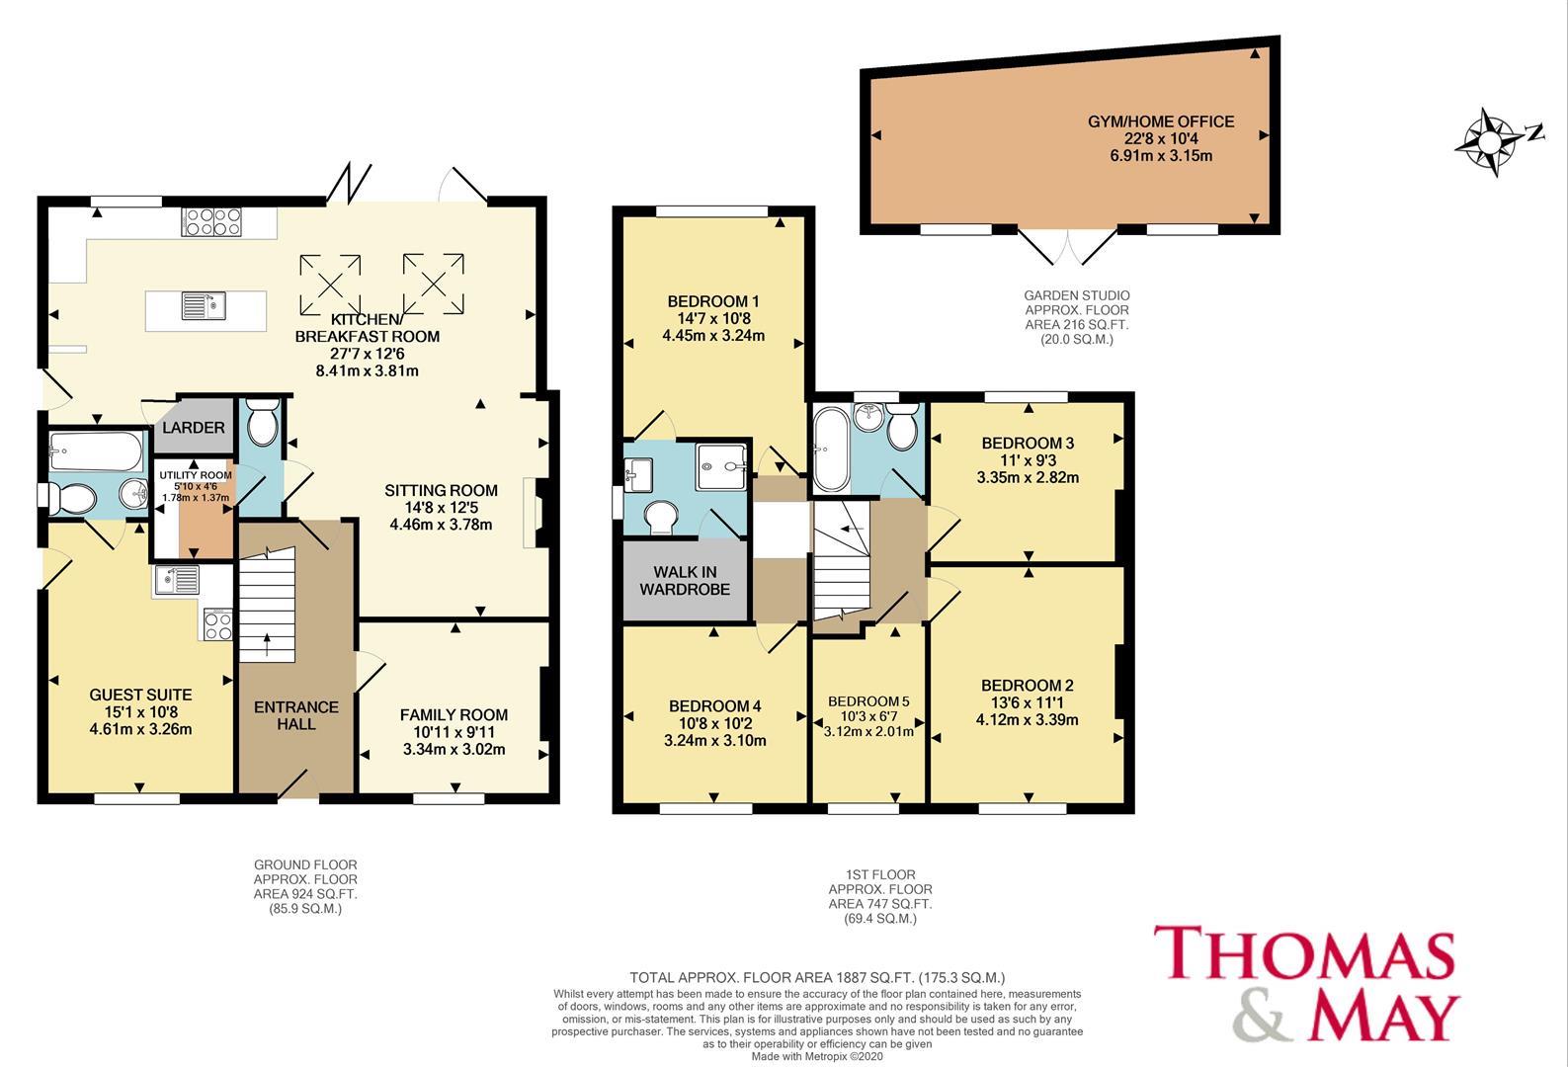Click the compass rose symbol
click(x=1490, y=142)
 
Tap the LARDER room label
click(x=194, y=427)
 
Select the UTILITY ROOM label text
click(x=196, y=474)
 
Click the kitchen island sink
click(x=204, y=306)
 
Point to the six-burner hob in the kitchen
click(x=211, y=222)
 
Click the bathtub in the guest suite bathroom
click(x=96, y=451)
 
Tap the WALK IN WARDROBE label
click(x=685, y=580)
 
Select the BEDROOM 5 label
click(x=868, y=700)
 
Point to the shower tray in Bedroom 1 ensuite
click(x=721, y=466)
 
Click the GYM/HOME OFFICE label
click(x=1161, y=122)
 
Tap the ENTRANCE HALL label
click(x=296, y=715)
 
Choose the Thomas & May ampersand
click(x=1265, y=1018)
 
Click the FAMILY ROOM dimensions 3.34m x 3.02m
click(x=454, y=749)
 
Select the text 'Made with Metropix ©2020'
click(x=817, y=1056)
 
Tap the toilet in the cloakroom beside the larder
click(x=263, y=421)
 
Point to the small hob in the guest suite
click(x=217, y=623)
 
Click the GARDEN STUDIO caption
click(x=1077, y=317)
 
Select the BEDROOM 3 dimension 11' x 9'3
click(x=1028, y=460)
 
